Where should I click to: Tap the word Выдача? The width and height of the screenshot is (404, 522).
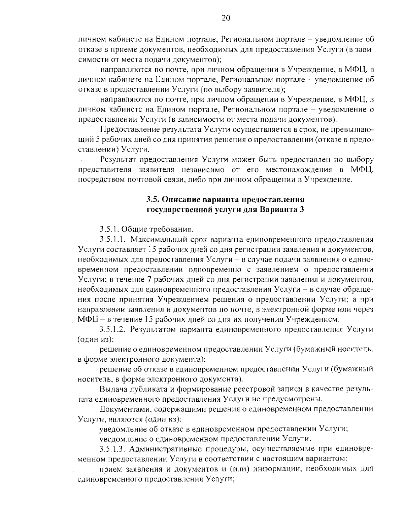pyautogui.click(x=113, y=389)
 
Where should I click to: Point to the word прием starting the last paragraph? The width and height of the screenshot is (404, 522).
pyautogui.click(x=109, y=469)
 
